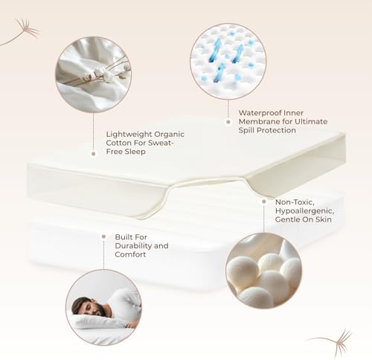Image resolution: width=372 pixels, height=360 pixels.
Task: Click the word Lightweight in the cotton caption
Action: [126, 135]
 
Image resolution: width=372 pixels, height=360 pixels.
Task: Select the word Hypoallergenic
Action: [304, 211]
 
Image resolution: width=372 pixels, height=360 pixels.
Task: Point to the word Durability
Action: [133, 246]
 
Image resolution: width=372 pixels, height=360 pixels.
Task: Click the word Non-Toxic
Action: [295, 202]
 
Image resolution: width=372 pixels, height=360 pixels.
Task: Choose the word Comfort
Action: [130, 254]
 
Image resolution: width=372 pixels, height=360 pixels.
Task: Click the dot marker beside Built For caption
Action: [103, 237]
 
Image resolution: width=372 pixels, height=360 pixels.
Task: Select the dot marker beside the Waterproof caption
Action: [228, 122]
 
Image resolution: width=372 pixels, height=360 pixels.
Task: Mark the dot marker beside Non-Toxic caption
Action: [264, 202]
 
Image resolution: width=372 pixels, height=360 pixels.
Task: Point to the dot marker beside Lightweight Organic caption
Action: [94, 154]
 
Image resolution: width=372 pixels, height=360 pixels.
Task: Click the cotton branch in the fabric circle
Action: [99, 72]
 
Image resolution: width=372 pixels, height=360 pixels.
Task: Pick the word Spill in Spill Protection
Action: [246, 130]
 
